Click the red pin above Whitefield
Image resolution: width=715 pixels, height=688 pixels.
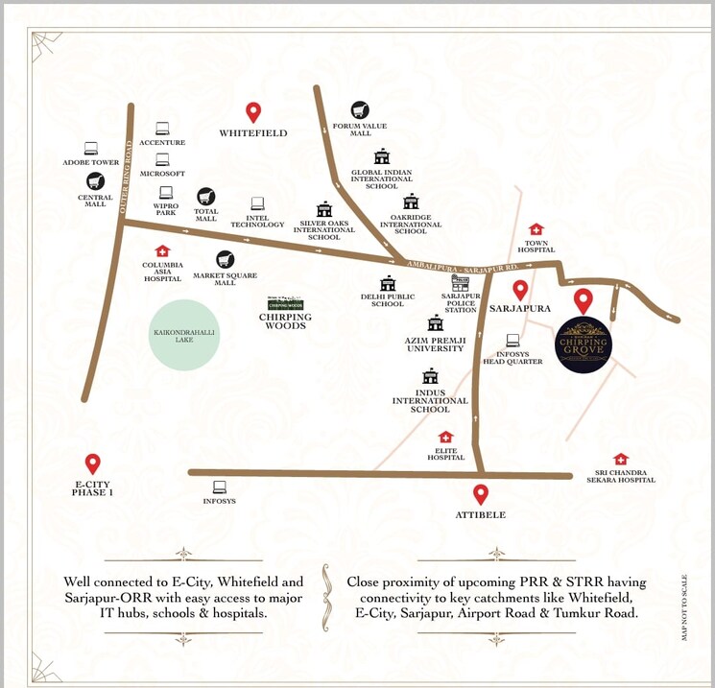[253, 111]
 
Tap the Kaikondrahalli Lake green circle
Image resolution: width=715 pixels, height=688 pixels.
[184, 333]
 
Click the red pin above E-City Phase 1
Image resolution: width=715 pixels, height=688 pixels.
[92, 463]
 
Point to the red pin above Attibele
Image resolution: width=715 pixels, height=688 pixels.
[481, 494]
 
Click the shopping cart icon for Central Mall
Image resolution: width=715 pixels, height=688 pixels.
[95, 180]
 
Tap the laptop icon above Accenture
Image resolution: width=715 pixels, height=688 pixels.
[162, 129]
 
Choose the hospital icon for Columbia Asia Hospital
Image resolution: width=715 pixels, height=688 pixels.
[162, 250]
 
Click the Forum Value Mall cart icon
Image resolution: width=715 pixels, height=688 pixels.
[360, 110]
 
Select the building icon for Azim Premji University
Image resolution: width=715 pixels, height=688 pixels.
[436, 322]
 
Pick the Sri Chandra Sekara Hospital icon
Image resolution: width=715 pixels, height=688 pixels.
[621, 459]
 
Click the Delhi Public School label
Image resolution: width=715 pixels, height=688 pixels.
[388, 300]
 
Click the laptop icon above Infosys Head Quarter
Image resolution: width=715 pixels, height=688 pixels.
[512, 340]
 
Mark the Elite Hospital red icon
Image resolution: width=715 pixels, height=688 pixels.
[445, 438]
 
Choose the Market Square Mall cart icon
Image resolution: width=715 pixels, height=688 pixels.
[226, 259]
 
